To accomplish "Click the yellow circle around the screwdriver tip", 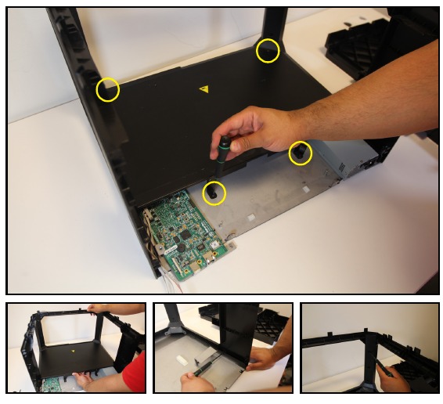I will [x=214, y=192].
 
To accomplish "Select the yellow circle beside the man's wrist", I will [x=300, y=153].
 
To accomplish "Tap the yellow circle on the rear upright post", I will [x=268, y=51].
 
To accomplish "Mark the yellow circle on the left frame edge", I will [x=107, y=89].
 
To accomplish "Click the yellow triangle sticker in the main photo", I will [x=204, y=89].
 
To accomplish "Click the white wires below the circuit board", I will [x=166, y=270].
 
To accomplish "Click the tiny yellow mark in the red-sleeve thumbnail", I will [x=73, y=350].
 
